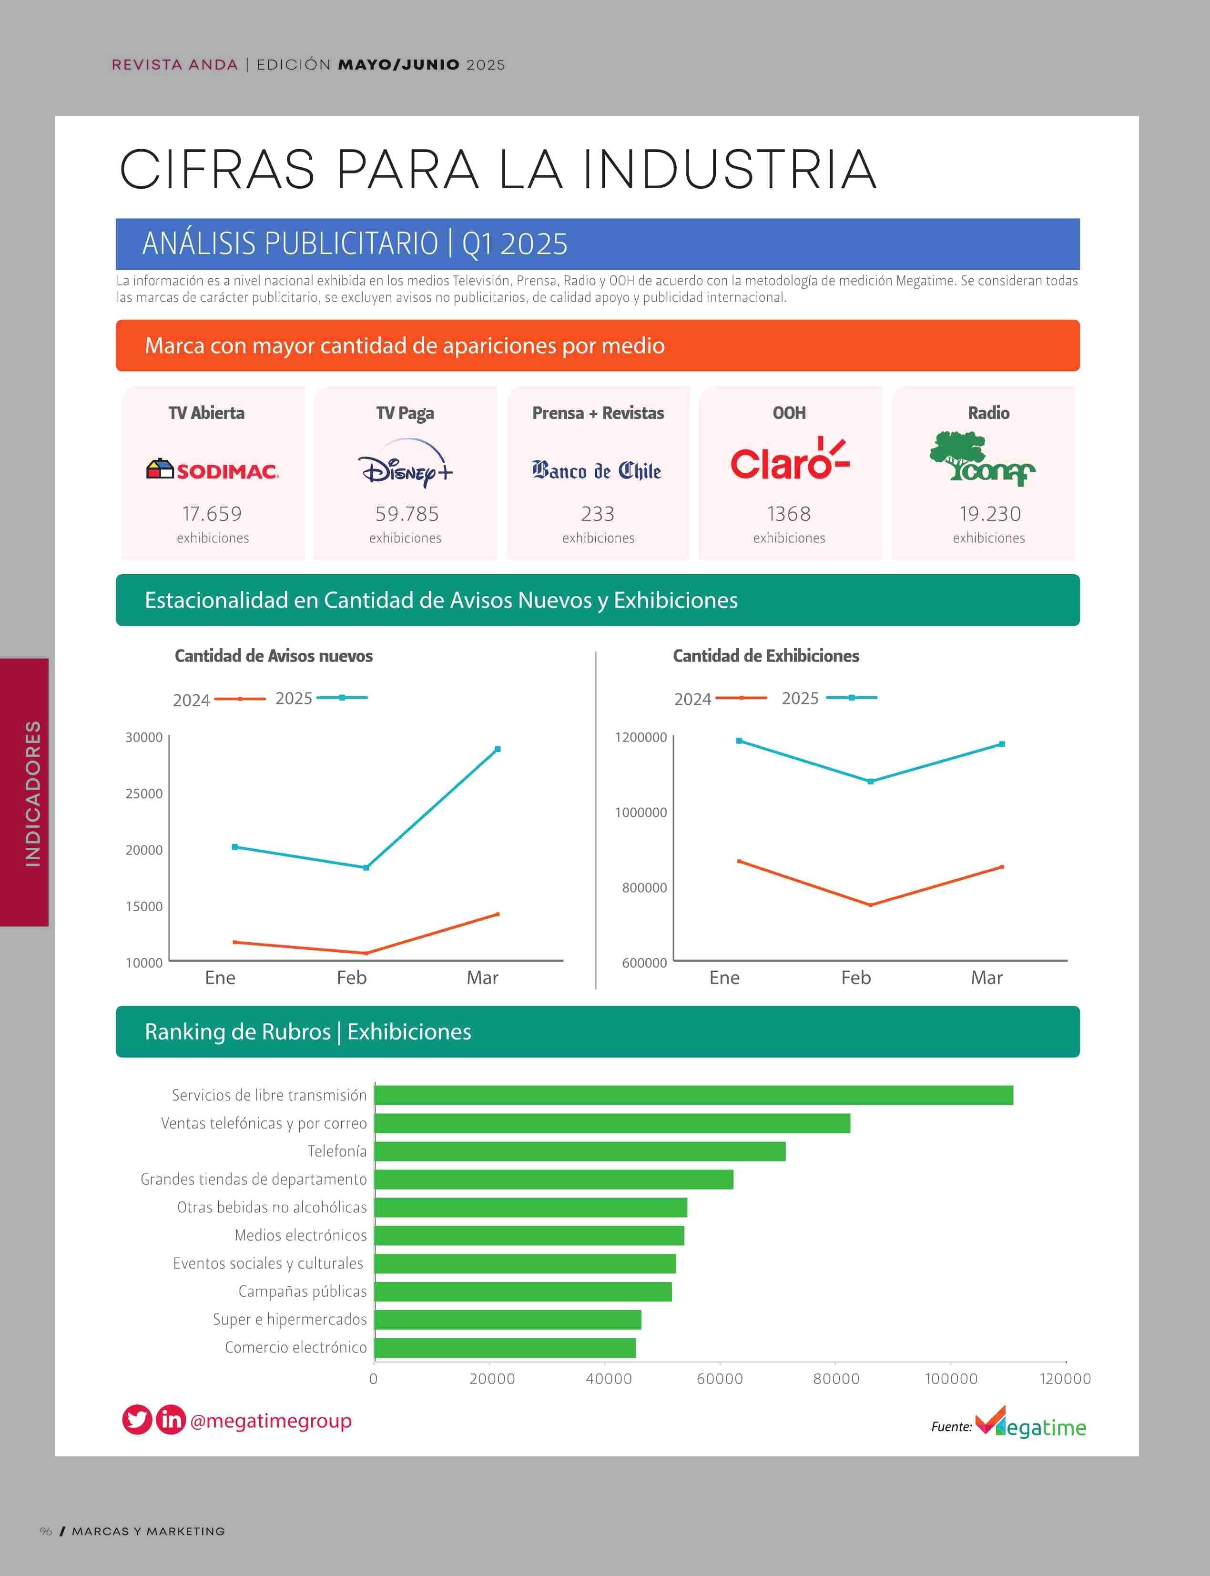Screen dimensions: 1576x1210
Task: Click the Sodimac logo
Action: (x=213, y=470)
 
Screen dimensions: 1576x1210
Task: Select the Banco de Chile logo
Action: (x=597, y=471)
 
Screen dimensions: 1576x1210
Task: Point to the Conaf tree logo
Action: (x=982, y=459)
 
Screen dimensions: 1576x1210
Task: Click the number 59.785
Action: (x=407, y=514)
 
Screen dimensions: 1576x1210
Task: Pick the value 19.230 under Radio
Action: (x=990, y=514)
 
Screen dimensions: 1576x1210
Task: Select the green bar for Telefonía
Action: (x=580, y=1151)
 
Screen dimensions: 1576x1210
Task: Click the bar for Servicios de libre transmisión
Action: (x=693, y=1095)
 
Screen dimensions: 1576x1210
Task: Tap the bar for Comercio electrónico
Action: (x=505, y=1348)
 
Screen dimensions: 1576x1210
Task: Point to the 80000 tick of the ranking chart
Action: (x=835, y=1379)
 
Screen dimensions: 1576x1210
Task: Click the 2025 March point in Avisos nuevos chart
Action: (x=498, y=749)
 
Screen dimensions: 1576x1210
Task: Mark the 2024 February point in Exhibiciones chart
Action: (x=870, y=905)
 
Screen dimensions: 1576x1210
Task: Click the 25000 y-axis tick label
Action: (x=144, y=794)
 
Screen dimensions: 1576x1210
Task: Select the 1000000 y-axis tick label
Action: (x=641, y=813)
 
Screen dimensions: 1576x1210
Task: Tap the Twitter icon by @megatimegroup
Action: (x=137, y=1420)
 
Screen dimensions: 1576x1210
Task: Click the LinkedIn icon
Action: (x=171, y=1420)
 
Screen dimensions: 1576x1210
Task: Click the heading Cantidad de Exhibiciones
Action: (x=766, y=655)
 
